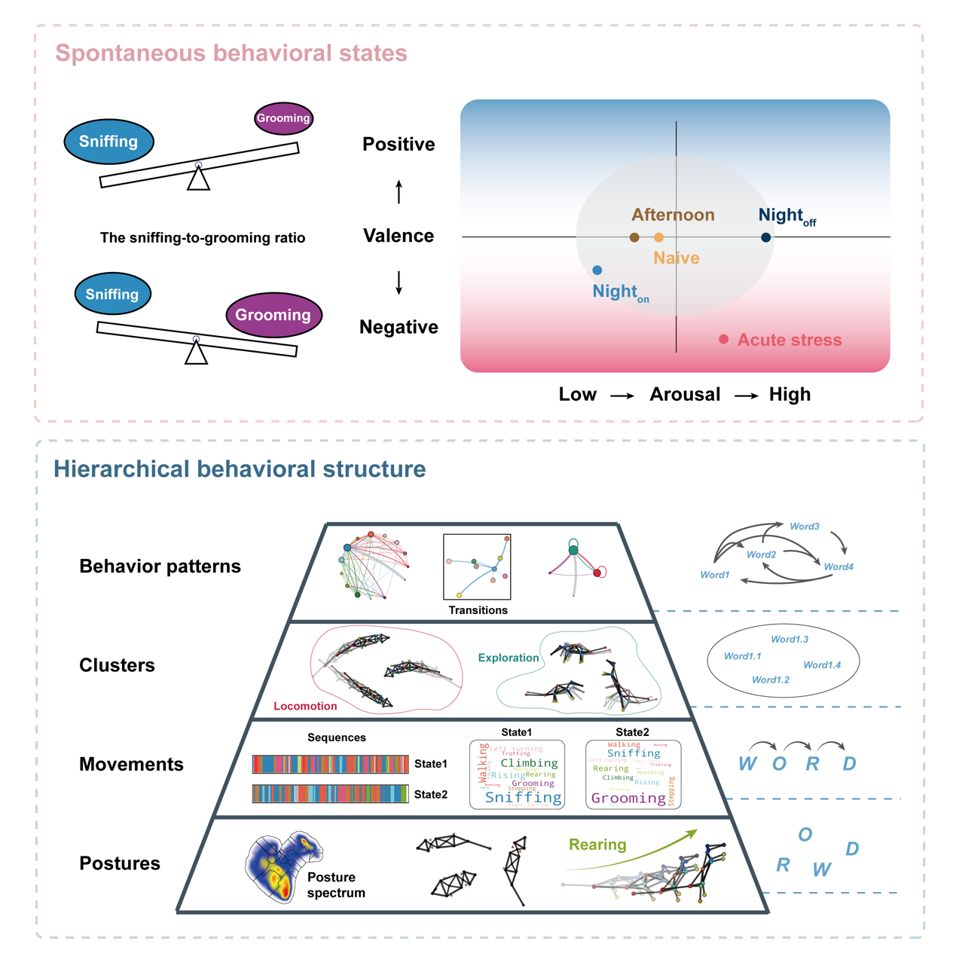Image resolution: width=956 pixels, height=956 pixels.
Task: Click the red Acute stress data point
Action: pos(723,340)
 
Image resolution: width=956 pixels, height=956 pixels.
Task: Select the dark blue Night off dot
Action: pos(765,237)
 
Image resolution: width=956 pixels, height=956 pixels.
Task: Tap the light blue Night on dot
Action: pos(597,270)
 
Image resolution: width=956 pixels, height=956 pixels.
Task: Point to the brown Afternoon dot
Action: pos(634,237)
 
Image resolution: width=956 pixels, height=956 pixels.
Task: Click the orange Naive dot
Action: pos(658,237)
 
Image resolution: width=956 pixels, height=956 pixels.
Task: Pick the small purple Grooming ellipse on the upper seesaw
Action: pos(283,118)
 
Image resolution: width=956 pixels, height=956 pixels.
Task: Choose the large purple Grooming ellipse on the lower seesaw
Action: pos(273,315)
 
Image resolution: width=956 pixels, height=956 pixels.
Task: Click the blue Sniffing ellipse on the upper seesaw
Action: pos(108,142)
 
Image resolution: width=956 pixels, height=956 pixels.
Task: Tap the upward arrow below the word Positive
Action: pos(399,192)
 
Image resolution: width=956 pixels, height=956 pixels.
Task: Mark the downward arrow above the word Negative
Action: pos(399,283)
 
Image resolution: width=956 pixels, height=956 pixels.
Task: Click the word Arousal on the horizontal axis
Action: pos(685,395)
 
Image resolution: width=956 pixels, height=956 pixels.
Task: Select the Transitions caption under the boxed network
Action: pos(478,610)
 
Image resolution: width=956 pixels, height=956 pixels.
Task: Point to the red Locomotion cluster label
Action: pos(305,706)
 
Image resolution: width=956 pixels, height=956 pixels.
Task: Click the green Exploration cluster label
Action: pos(509,658)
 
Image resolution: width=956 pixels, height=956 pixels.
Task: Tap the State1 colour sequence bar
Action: pos(330,764)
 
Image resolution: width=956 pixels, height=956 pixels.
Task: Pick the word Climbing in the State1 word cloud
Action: pos(529,763)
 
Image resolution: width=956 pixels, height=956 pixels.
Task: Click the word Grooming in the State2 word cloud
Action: pos(628,798)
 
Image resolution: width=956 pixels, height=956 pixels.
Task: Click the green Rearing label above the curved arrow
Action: pos(597,845)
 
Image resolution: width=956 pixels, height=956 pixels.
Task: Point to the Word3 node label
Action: pos(804,527)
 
